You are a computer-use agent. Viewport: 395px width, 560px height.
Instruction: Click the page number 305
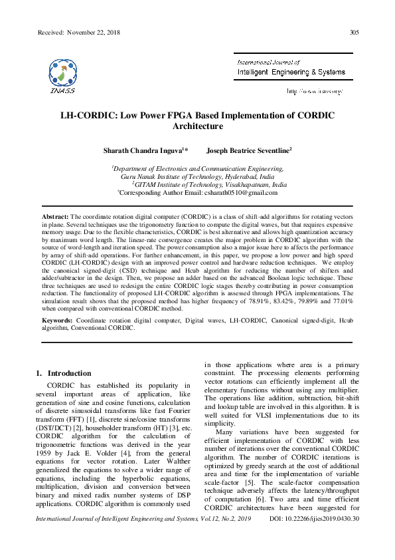pyautogui.click(x=355, y=33)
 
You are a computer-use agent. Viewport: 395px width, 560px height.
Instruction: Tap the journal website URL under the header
pyautogui.click(x=314, y=90)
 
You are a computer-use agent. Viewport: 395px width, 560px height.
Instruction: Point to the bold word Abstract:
pyautogui.click(x=55, y=217)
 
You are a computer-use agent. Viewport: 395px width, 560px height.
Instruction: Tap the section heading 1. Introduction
pyautogui.click(x=66, y=373)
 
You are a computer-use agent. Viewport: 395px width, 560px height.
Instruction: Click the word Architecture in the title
pyautogui.click(x=197, y=126)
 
